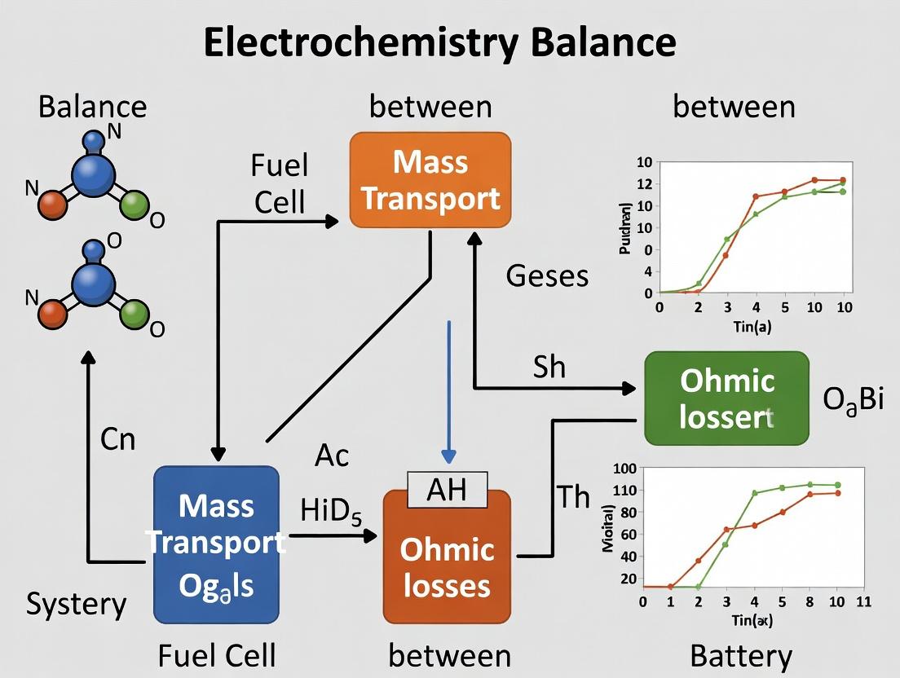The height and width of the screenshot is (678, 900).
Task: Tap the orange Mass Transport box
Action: tap(430, 180)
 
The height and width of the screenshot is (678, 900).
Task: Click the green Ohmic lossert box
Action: tap(726, 398)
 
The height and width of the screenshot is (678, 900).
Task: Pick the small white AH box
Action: tap(447, 490)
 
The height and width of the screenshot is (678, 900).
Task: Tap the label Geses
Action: tap(547, 276)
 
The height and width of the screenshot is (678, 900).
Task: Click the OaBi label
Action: tap(854, 401)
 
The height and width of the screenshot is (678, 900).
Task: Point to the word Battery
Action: tap(740, 656)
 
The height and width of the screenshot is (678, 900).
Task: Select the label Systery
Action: tap(77, 605)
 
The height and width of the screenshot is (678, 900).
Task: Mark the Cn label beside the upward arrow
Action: tap(117, 439)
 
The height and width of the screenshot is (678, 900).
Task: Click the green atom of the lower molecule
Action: tap(135, 312)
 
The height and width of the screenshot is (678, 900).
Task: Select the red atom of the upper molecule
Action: tap(52, 204)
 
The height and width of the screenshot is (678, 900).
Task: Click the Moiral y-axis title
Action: tap(607, 534)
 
